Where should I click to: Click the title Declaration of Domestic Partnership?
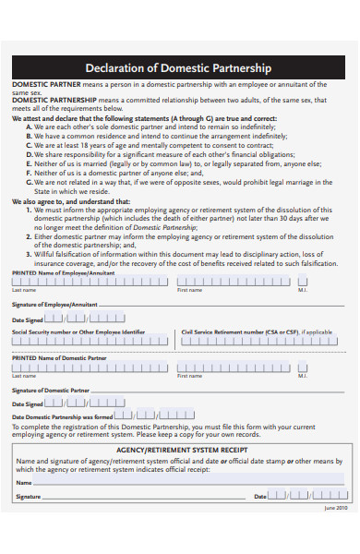(178, 68)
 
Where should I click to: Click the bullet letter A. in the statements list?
(30, 126)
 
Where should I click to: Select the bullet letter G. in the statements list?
(30, 182)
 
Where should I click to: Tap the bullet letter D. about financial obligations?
(30, 154)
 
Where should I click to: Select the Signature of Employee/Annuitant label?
(54, 304)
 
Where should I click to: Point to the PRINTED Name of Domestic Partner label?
(59, 357)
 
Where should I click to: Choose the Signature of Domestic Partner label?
(51, 390)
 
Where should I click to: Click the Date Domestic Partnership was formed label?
(61, 417)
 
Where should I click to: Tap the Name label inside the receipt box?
(24, 482)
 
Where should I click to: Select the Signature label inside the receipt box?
(29, 497)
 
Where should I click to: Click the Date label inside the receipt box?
(260, 497)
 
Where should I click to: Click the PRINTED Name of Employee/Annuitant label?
(64, 273)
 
